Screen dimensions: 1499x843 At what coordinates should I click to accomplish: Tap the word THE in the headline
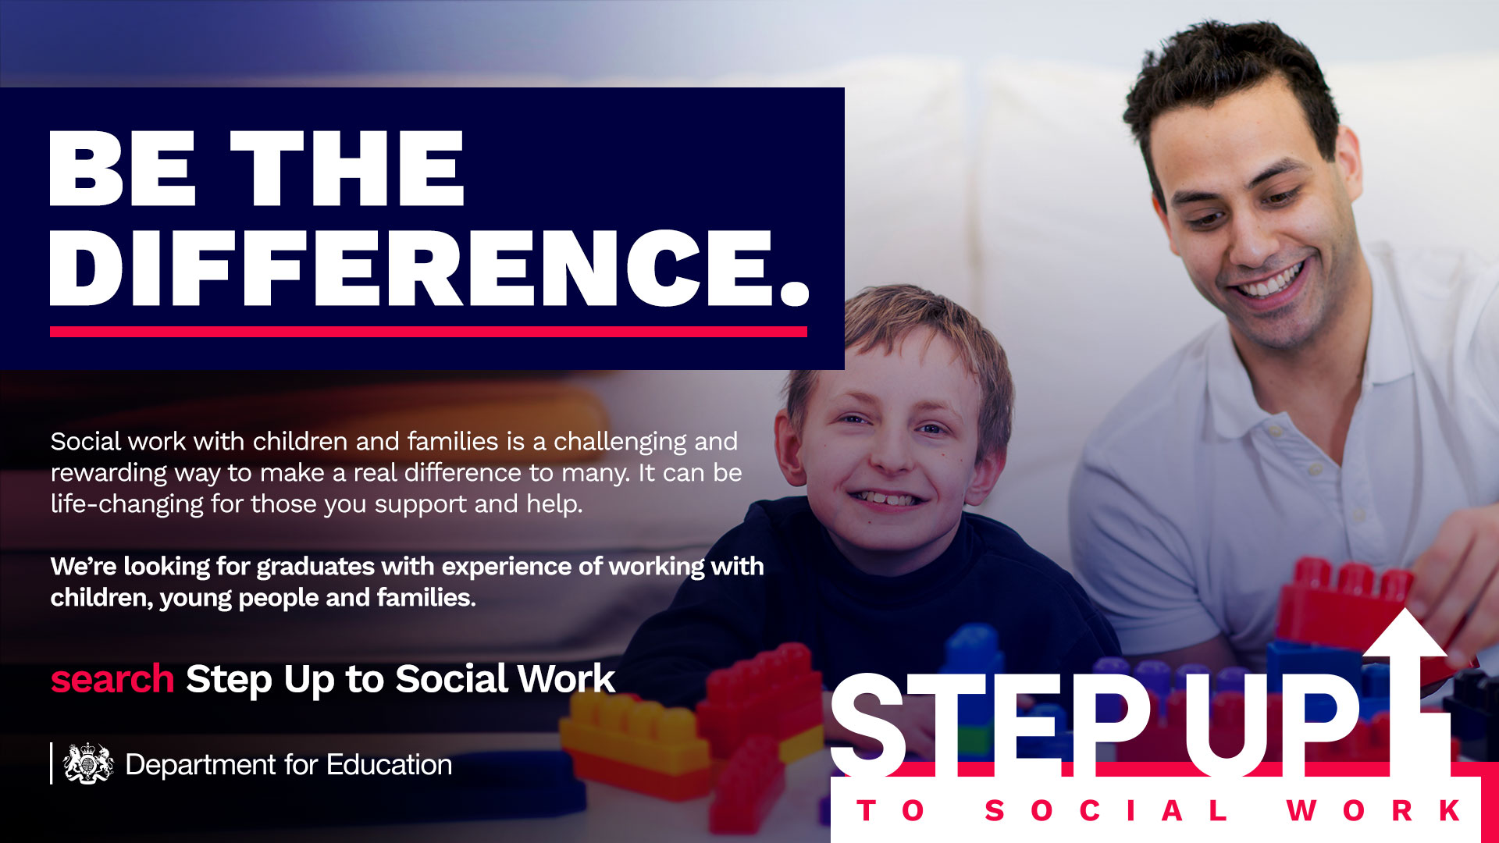(x=347, y=168)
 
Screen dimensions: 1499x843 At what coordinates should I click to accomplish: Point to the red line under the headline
(x=429, y=332)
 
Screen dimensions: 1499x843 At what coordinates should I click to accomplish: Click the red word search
(x=112, y=679)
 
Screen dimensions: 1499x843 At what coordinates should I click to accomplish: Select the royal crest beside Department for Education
(x=88, y=763)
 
